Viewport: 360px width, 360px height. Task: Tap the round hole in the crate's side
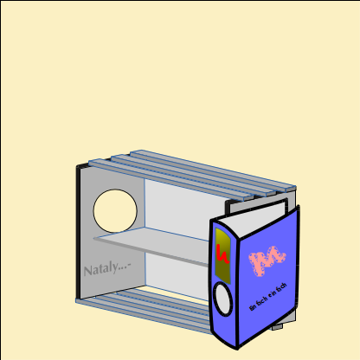pos(115,212)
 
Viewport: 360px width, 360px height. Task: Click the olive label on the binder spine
pos(222,255)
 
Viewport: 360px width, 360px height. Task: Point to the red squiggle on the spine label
pos(222,254)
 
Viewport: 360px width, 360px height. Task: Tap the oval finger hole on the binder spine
pos(223,300)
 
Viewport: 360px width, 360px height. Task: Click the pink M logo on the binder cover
pos(267,259)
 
